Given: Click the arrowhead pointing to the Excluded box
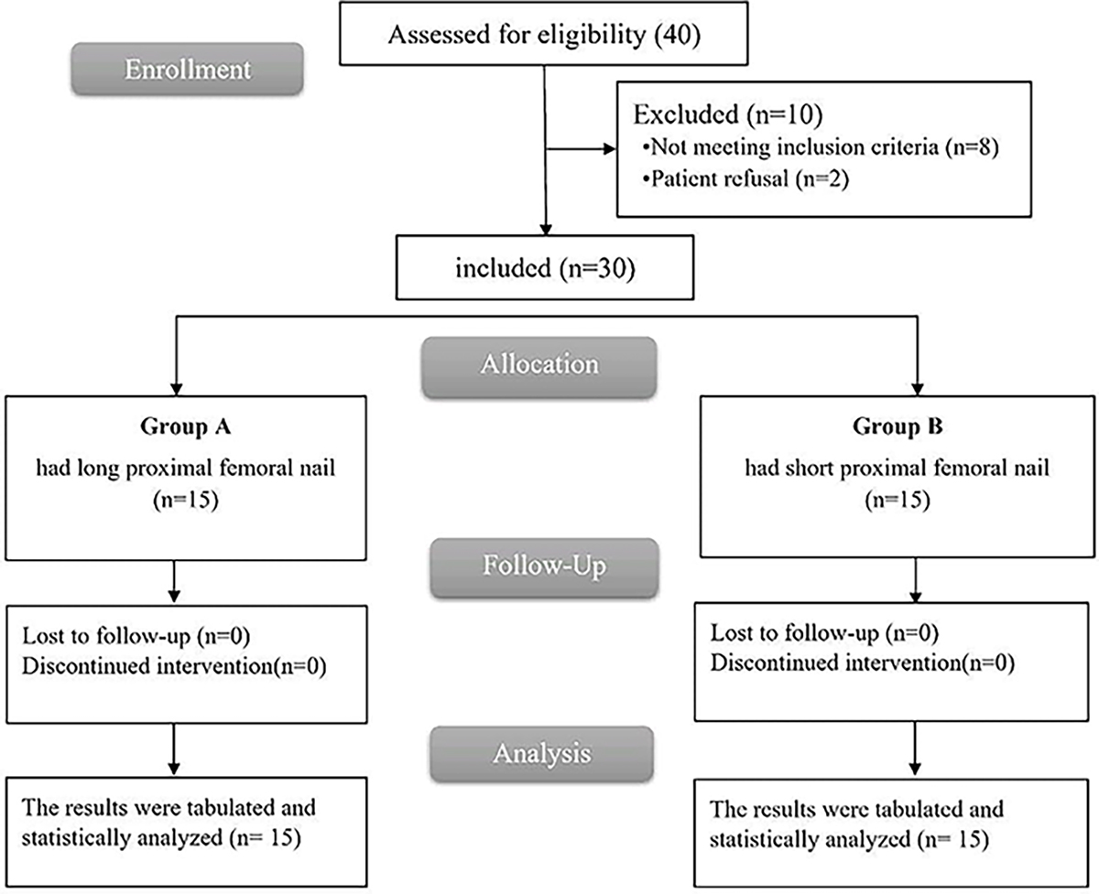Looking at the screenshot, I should coord(608,149).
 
